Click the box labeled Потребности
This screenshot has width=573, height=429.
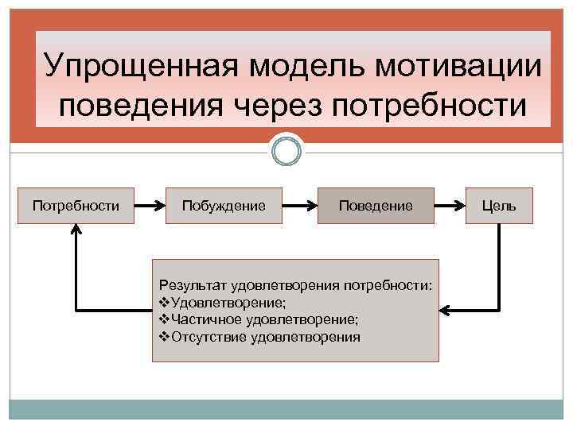coord(76,206)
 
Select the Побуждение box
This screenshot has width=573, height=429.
coord(224,206)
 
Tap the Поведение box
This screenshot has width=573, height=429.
coord(376,206)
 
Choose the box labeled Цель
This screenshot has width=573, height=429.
coord(499,206)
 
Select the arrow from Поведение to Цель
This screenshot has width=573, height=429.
coord(449,206)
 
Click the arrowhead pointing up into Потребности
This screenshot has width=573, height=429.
coord(76,229)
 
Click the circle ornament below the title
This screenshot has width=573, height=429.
coord(286,150)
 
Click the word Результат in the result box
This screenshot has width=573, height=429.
coord(192,284)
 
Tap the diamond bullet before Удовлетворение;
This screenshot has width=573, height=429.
coord(164,303)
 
